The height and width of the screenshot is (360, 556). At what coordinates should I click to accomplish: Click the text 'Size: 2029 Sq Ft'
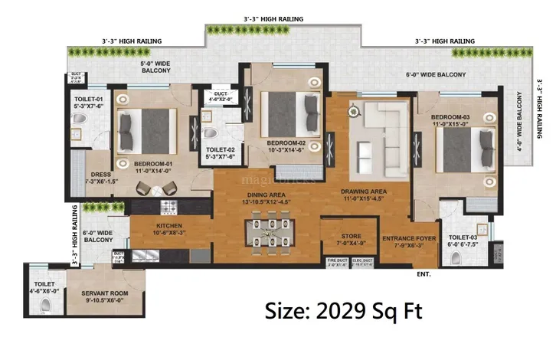tap(342, 313)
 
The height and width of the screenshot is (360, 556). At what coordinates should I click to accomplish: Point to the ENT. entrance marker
tap(424, 273)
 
